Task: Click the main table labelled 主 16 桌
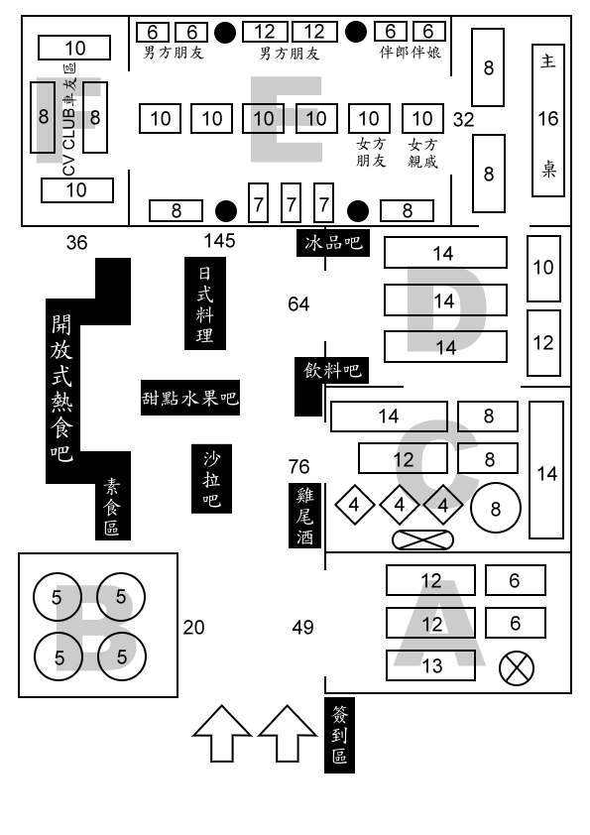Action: coord(548,120)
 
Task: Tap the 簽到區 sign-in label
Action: coord(339,735)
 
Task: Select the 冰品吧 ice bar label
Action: coord(333,243)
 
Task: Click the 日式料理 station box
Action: coord(205,303)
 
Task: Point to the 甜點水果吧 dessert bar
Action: coord(190,398)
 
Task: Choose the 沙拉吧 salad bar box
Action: coord(211,479)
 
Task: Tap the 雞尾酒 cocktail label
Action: coord(304,515)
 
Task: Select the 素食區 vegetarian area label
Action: coord(112,506)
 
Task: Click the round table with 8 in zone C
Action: coord(496,509)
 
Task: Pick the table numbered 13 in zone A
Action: coord(430,665)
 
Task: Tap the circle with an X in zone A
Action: coord(517,667)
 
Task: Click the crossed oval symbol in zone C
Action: coord(422,539)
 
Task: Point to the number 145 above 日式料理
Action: coord(219,241)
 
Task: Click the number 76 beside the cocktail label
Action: coord(298,466)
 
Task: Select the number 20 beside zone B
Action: coord(193,628)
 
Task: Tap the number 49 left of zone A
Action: coord(302,628)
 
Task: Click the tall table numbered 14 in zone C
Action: coord(546,470)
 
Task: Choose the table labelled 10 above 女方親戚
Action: coord(422,118)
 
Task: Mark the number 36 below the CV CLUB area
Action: coord(76,243)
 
